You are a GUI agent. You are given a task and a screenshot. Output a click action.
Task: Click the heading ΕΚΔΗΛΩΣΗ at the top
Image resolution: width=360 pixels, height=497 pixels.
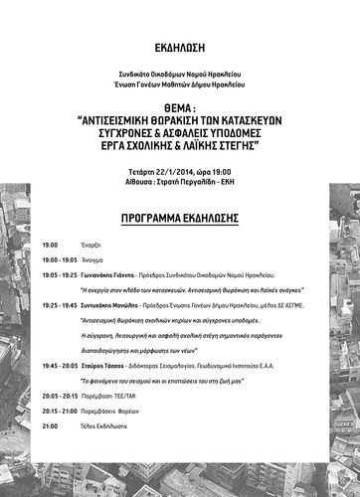coord(179,46)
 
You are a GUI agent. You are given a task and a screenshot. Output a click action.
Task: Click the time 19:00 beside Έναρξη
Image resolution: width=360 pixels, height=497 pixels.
coord(51,245)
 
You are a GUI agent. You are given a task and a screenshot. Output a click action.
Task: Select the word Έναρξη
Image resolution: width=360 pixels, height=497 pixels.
coord(90,245)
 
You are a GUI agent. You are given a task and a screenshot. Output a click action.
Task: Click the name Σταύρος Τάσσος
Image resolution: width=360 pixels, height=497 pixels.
coord(106,366)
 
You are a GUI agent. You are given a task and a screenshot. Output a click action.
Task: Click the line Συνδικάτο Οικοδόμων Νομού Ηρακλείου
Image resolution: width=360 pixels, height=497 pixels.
coord(179,76)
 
